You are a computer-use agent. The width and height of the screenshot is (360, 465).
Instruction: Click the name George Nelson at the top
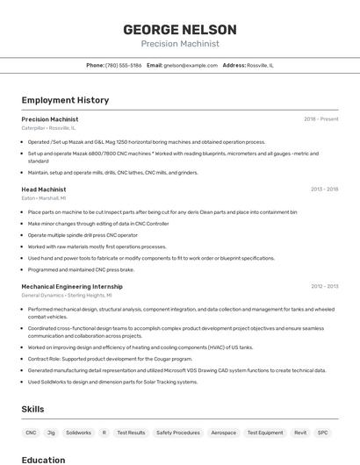(180, 28)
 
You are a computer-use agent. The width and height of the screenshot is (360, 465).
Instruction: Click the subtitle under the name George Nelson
(180, 43)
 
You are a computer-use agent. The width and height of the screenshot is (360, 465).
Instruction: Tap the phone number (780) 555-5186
(123, 65)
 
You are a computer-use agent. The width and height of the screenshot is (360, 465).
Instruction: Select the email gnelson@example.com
(191, 65)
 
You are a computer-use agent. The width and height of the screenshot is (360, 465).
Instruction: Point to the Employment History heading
(65, 100)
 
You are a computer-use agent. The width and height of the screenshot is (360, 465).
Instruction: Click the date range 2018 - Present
(320, 118)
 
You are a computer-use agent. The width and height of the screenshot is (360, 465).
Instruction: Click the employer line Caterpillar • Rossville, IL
(48, 128)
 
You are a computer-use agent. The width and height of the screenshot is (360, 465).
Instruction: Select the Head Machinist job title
(43, 189)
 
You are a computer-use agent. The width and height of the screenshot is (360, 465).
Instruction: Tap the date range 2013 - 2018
(324, 189)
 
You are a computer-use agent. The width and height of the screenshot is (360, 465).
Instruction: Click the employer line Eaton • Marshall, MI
(43, 198)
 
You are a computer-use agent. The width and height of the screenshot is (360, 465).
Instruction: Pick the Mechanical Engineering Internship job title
(72, 286)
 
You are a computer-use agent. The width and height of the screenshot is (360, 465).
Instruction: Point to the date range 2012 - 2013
(324, 286)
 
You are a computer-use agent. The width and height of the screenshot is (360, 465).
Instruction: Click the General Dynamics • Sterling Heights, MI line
(67, 296)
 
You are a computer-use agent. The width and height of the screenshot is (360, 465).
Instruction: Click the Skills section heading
(32, 410)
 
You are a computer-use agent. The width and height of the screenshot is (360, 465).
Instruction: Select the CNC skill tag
(31, 433)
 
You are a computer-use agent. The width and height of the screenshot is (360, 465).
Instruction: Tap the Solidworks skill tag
(78, 433)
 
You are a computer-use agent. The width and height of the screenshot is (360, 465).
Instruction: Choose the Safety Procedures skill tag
(178, 433)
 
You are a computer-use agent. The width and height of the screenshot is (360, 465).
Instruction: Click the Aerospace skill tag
(224, 433)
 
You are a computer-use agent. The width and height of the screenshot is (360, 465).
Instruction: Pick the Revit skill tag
(300, 433)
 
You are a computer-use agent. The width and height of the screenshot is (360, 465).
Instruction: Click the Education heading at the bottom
(43, 460)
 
